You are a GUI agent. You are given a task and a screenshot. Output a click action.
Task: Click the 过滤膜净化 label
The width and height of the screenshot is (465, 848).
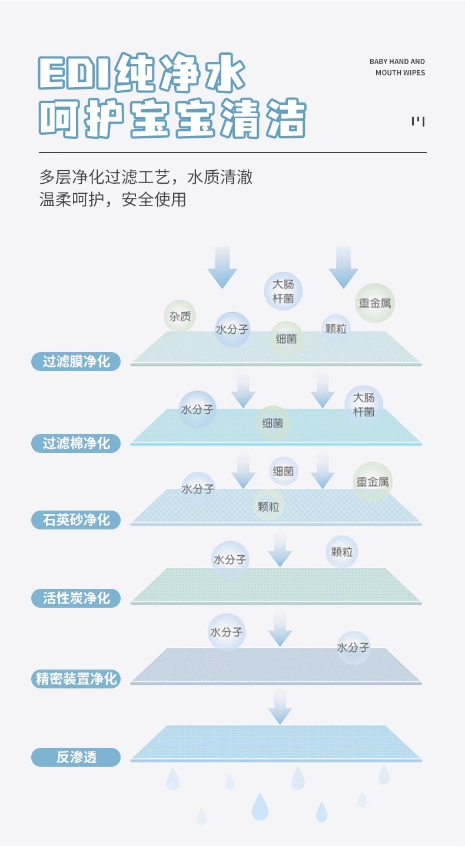click(76, 361)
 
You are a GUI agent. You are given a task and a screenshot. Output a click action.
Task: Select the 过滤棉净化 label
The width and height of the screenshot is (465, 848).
click(76, 443)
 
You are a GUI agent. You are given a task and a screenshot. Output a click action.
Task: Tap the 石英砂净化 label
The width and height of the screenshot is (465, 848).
click(76, 520)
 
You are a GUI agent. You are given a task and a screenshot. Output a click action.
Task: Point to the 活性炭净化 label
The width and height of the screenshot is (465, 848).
click(76, 598)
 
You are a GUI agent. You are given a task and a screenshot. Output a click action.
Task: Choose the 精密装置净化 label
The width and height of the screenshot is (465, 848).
click(76, 678)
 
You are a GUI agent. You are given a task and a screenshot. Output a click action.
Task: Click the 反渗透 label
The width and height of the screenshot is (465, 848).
click(76, 757)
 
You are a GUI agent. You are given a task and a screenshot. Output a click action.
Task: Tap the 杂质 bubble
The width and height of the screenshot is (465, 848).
click(180, 316)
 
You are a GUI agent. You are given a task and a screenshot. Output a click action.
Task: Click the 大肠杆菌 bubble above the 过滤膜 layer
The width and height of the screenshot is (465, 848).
click(283, 291)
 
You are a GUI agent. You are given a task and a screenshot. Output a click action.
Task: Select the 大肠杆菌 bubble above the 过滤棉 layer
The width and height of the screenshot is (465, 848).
click(364, 405)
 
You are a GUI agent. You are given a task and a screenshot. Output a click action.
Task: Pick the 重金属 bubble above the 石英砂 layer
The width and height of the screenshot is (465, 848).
click(372, 482)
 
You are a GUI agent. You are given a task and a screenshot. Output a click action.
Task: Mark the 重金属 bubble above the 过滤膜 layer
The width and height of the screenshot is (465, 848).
click(375, 303)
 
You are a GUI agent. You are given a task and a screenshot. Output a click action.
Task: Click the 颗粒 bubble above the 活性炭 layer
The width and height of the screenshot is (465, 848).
click(342, 552)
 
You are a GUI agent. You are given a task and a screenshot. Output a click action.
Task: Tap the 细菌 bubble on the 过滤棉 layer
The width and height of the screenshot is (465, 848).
click(273, 423)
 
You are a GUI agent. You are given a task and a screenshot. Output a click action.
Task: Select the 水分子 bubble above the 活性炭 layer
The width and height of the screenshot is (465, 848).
click(230, 559)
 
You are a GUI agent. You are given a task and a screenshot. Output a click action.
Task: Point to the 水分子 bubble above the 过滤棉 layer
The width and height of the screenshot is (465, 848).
click(197, 409)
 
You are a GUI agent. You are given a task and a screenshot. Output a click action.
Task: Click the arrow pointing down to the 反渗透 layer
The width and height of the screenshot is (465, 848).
click(280, 707)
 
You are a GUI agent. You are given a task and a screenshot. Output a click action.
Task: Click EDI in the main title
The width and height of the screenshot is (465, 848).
click(74, 75)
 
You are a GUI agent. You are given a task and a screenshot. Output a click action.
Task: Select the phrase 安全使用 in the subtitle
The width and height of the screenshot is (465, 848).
click(154, 200)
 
